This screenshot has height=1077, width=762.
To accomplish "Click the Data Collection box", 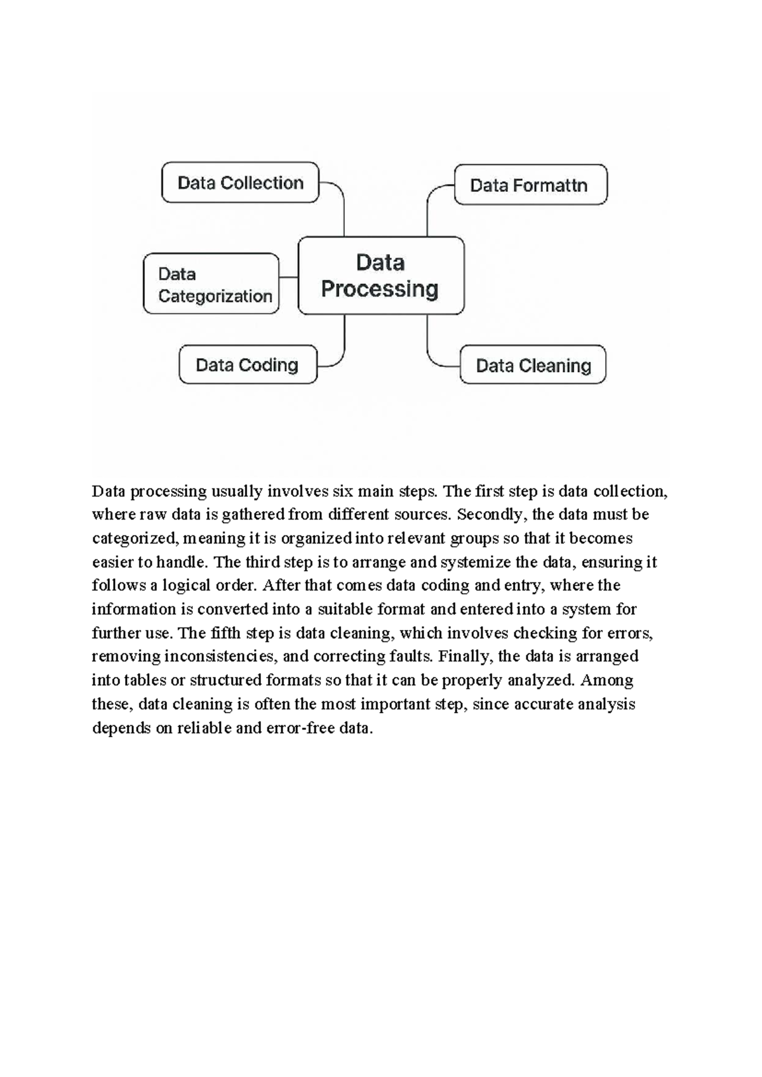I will point(240,183).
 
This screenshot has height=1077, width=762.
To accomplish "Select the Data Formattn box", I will point(530,185).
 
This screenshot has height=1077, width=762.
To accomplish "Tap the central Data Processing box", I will point(380,276).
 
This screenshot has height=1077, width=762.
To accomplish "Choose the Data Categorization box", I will point(211,284).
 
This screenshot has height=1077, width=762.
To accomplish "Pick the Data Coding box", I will point(248,365).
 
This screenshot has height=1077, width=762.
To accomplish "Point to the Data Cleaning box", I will point(532,365).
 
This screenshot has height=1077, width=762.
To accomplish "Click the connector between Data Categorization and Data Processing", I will point(288,277).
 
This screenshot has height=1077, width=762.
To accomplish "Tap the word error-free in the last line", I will point(300,728).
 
